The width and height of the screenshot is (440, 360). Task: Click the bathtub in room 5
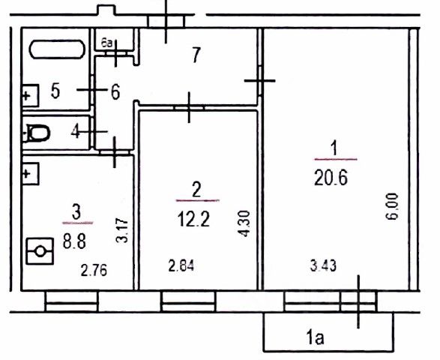click(57, 49)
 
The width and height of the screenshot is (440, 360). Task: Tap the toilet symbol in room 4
click(38, 133)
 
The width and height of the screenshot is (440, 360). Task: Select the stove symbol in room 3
click(40, 251)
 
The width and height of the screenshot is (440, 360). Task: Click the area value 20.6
click(331, 178)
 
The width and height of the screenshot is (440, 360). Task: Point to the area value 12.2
click(193, 219)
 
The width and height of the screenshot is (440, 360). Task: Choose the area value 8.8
click(74, 241)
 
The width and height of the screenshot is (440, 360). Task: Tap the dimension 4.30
click(244, 223)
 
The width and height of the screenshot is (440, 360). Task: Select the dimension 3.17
click(122, 230)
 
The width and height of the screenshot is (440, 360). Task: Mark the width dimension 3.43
click(323, 265)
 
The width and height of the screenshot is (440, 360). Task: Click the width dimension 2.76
click(94, 270)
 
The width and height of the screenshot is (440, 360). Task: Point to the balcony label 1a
click(316, 337)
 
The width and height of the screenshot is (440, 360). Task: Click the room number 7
click(196, 55)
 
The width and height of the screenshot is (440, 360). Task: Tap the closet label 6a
click(106, 43)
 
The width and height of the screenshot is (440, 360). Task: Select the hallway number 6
click(115, 91)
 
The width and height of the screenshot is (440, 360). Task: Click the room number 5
click(55, 91)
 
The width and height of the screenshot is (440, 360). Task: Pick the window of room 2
click(189, 301)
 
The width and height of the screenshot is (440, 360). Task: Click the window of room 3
click(71, 301)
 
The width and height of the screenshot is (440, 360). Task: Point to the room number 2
click(196, 189)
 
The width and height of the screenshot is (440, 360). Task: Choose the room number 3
click(76, 211)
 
